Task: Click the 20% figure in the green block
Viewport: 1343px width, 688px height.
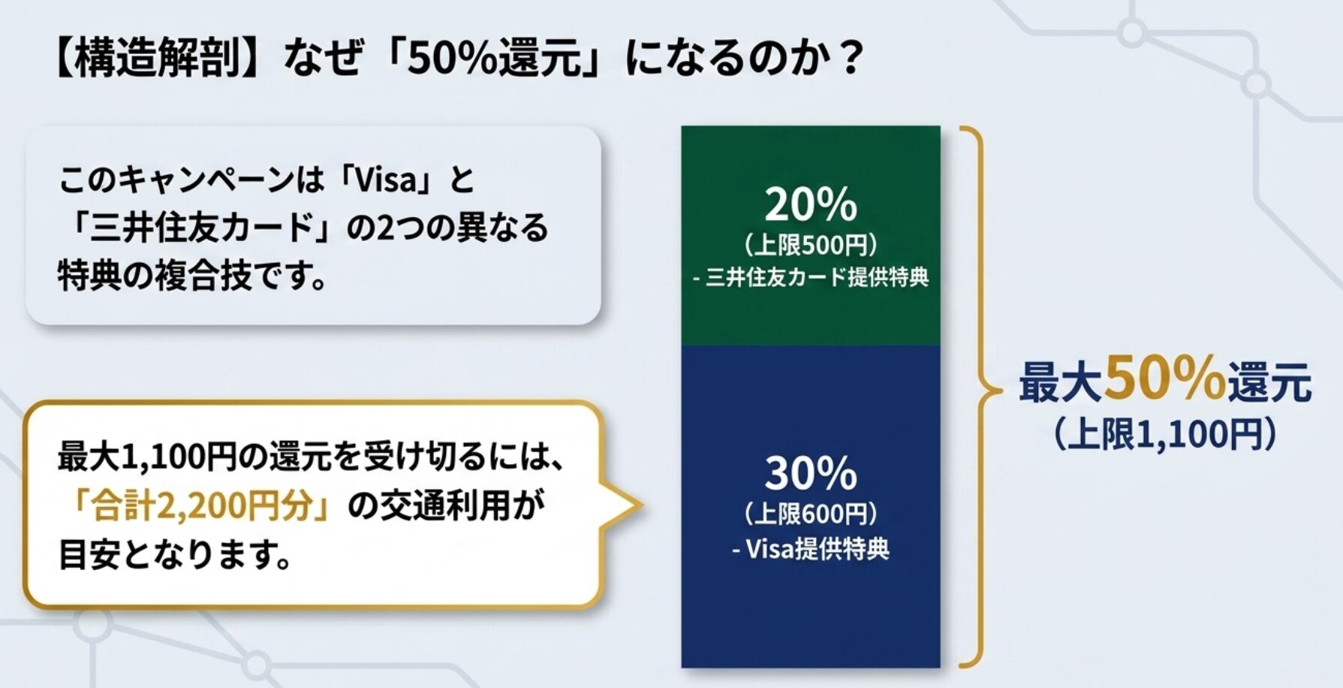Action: click(811, 204)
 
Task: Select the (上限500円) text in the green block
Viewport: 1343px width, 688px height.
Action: click(811, 245)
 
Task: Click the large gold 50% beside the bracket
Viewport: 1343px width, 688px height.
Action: click(1164, 379)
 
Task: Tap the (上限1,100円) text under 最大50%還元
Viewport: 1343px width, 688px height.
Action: click(1165, 434)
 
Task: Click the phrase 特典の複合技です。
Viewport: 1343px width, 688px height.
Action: click(193, 276)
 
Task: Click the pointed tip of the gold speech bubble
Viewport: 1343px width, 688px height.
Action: click(643, 505)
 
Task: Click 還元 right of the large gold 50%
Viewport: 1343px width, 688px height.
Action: click(1269, 383)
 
